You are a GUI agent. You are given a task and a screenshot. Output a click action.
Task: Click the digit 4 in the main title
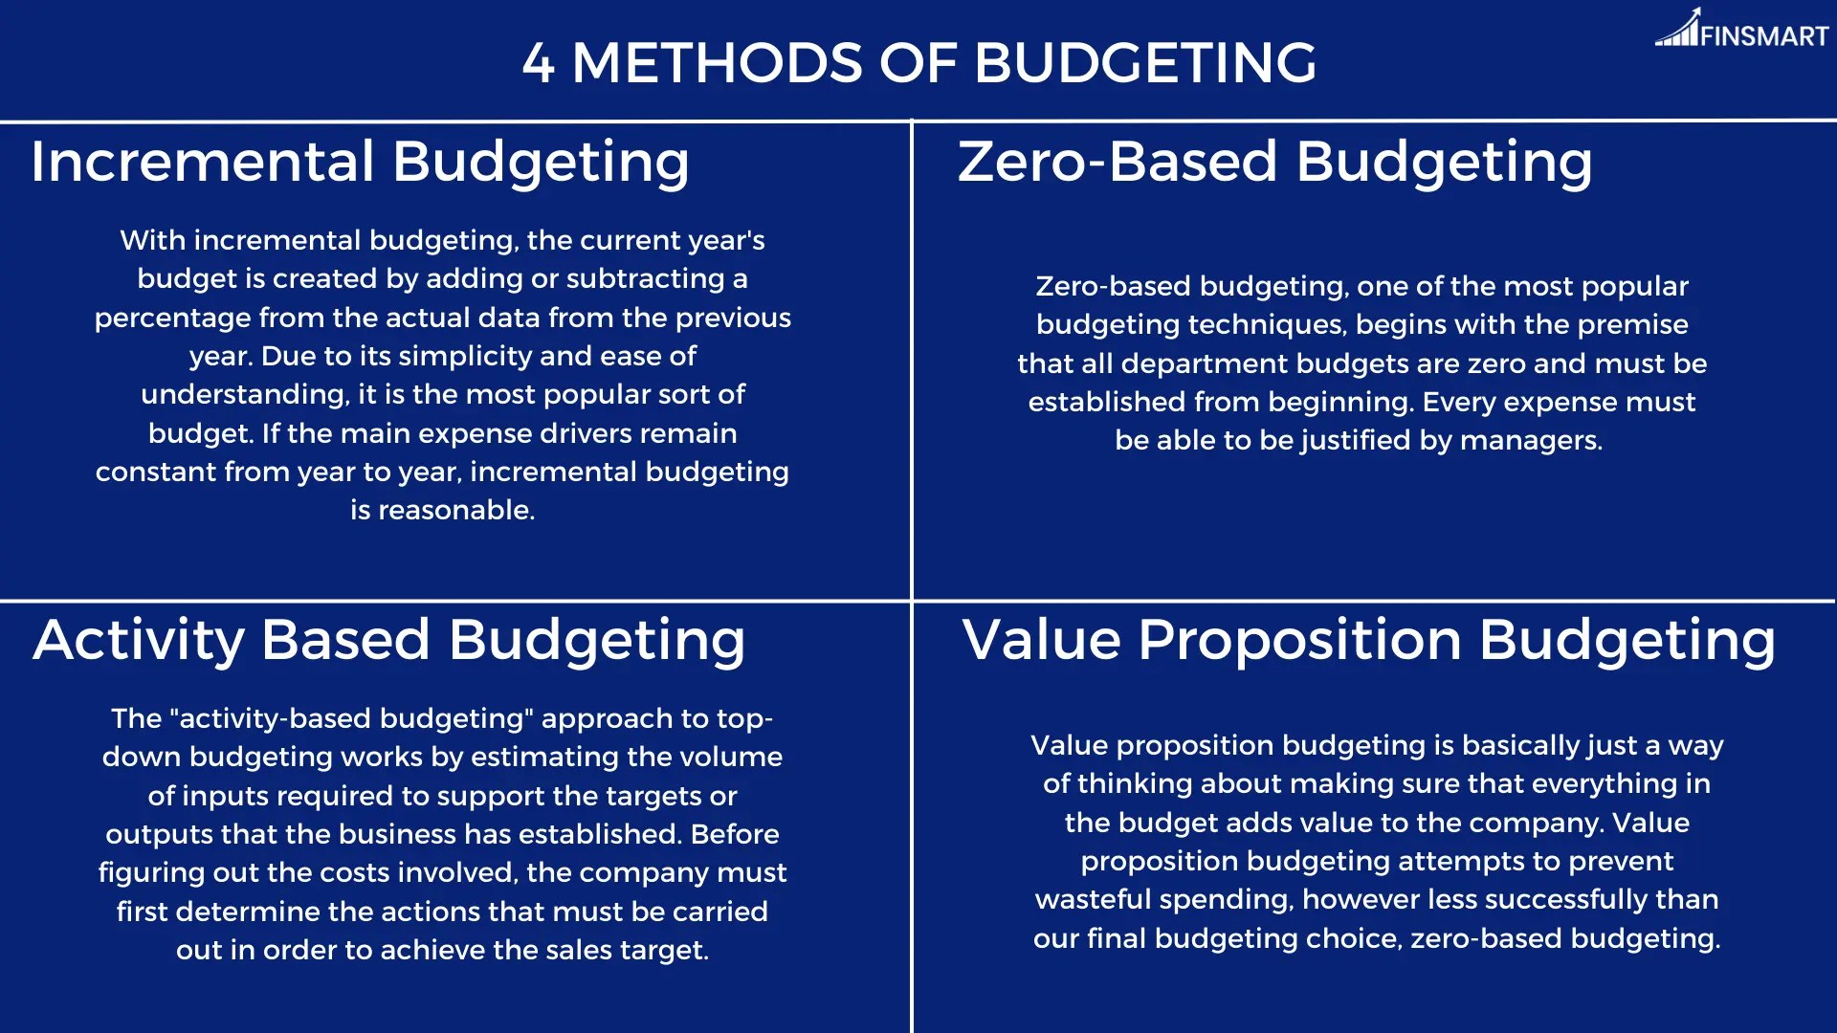(538, 63)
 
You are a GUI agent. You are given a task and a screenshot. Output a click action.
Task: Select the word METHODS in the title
(718, 63)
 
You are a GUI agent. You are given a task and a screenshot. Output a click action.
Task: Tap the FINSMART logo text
(1764, 36)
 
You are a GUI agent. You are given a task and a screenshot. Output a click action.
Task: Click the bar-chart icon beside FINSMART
(1677, 29)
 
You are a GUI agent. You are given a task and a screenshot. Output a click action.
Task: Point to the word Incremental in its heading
(202, 161)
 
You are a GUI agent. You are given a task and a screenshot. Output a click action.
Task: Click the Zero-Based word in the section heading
(1118, 161)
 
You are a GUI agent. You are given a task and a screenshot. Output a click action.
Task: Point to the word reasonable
(456, 510)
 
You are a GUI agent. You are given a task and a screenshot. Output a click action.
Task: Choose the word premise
(1632, 324)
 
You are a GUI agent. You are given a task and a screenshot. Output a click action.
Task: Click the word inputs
(225, 796)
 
